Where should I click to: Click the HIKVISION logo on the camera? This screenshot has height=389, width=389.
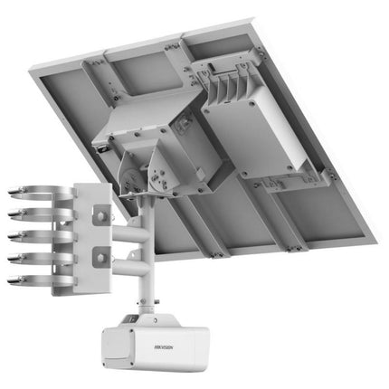pyautogui.click(x=164, y=347)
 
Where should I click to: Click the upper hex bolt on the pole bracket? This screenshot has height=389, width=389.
pyautogui.click(x=101, y=215)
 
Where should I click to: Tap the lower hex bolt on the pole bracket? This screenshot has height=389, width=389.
pyautogui.click(x=100, y=257)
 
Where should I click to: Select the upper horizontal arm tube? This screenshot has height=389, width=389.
pyautogui.click(x=130, y=233)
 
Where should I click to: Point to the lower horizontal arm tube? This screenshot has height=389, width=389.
pyautogui.click(x=130, y=266)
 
